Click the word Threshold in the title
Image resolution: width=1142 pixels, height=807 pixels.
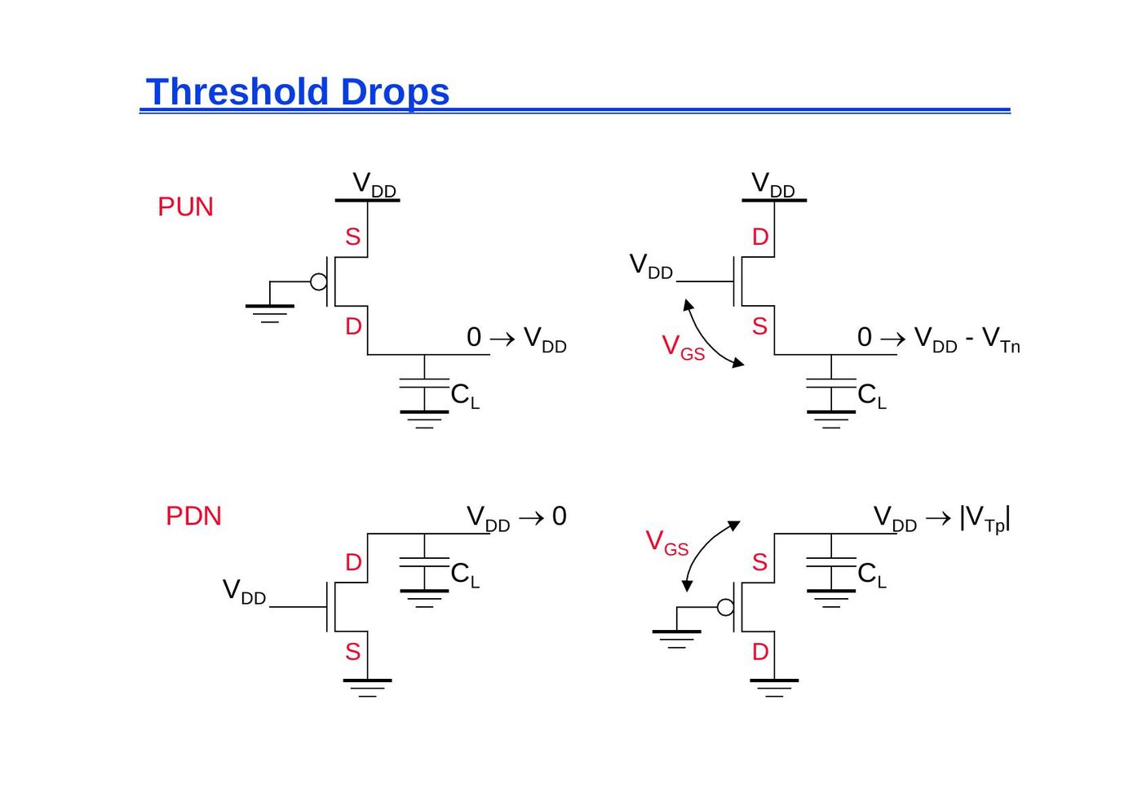[x=237, y=92]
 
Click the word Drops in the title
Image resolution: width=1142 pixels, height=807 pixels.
[x=395, y=92]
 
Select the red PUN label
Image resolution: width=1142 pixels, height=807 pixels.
[x=186, y=206]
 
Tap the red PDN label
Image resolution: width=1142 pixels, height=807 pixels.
[x=194, y=516]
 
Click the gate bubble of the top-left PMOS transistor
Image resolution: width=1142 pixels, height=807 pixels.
[x=319, y=282]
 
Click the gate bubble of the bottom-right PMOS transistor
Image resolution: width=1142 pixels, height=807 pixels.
[x=725, y=607]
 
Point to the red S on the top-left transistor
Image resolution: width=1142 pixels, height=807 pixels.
[x=352, y=237]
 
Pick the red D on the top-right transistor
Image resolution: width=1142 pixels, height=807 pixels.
[x=760, y=237]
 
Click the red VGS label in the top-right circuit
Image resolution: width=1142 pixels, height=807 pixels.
[x=684, y=348]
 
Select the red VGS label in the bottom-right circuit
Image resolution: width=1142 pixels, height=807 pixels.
[x=667, y=543]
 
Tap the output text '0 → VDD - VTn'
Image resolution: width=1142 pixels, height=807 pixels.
[x=939, y=338]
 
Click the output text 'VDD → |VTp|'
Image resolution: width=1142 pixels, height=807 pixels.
[x=942, y=518]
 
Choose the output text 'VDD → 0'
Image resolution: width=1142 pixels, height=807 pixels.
[x=516, y=517]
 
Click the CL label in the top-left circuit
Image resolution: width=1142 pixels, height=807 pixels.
[x=465, y=395]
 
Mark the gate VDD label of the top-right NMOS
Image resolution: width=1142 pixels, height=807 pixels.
[x=651, y=266]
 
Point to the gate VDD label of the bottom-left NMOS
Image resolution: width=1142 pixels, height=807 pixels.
[x=244, y=592]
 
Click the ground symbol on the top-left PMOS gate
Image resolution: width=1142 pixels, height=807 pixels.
[x=270, y=313]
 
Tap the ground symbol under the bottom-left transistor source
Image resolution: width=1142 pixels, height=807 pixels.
[x=368, y=688]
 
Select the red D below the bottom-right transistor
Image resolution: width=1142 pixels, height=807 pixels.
[x=760, y=652]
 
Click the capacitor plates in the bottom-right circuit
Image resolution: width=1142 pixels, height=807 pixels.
[x=831, y=562]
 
